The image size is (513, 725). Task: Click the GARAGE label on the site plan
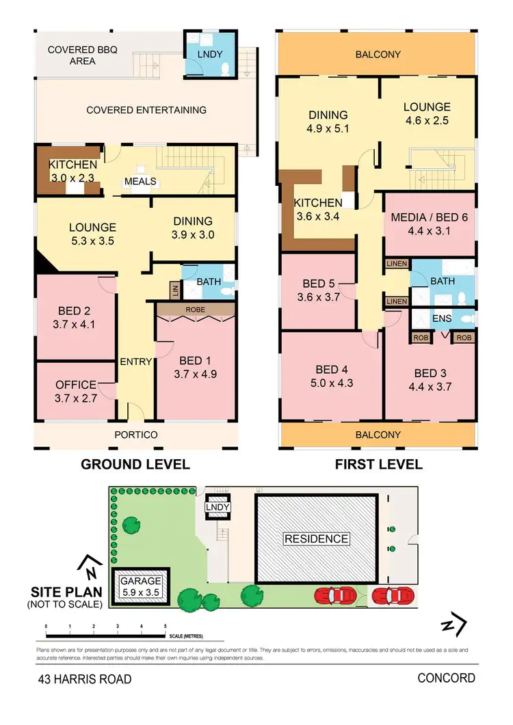(x=142, y=581)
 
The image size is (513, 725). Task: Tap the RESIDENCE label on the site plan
(x=316, y=538)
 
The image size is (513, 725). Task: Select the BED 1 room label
(x=191, y=361)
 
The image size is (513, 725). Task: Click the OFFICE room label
(x=76, y=385)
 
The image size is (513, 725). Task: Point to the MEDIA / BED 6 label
(x=430, y=218)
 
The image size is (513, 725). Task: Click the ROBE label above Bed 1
(x=197, y=309)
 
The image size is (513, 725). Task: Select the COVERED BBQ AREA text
(x=72, y=55)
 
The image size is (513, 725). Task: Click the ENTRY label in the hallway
(x=135, y=362)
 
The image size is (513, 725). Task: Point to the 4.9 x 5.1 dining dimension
(x=328, y=128)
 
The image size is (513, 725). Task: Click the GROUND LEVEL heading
(x=135, y=465)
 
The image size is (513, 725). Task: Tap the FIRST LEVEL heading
(x=378, y=465)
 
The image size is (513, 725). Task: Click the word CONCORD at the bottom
(x=446, y=678)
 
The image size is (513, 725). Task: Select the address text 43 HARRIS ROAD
(x=84, y=679)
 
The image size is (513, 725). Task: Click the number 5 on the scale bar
(x=166, y=626)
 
